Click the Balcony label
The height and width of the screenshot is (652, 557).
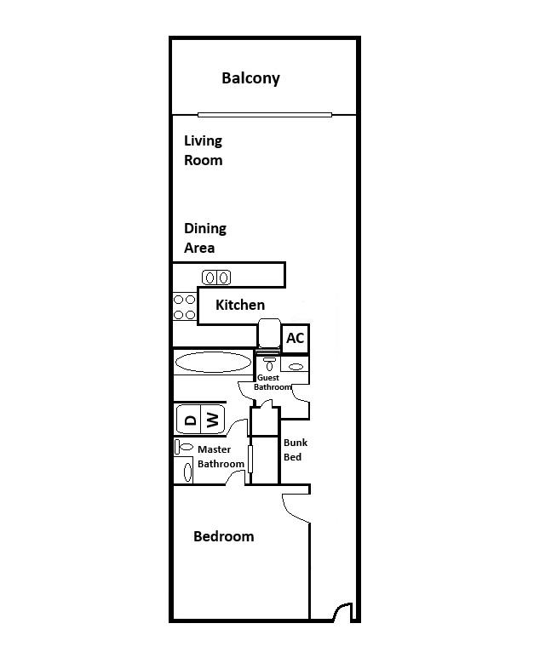[x=250, y=78]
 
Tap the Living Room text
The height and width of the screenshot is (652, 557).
[x=204, y=151]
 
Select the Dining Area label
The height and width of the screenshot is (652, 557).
[x=205, y=238]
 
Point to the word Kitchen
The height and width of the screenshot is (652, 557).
[x=240, y=305]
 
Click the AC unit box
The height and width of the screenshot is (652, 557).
[x=295, y=339]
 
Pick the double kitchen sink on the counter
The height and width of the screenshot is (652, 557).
[x=216, y=277]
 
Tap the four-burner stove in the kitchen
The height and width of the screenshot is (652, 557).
[x=185, y=307]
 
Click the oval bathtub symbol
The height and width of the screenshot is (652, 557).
[x=213, y=363]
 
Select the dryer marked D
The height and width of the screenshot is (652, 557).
[x=189, y=419]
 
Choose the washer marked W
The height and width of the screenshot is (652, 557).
[x=213, y=419]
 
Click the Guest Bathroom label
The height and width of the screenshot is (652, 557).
[x=273, y=382]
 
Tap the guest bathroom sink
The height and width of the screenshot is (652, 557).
[x=296, y=367]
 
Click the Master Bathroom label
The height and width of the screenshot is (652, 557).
[x=221, y=456]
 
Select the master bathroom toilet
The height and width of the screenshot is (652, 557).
[x=184, y=447]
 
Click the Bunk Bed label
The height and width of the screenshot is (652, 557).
[x=295, y=449]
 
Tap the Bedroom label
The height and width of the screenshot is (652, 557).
[x=223, y=536]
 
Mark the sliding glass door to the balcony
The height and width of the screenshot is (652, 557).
[x=264, y=115]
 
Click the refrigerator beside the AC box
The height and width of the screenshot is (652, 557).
[x=268, y=335]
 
